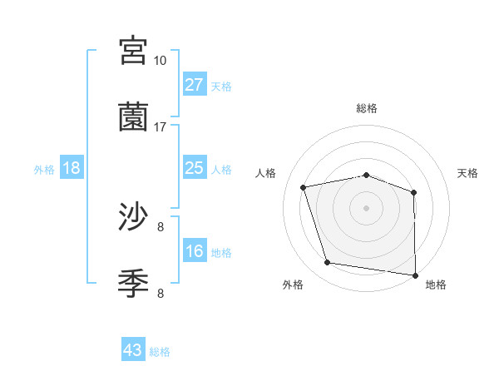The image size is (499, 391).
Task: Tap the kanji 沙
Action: [x=134, y=217]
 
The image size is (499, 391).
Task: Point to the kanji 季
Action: [x=134, y=284]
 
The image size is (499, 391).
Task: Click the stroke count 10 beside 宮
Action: [x=160, y=60]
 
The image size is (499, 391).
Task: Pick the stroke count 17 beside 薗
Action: [x=160, y=126]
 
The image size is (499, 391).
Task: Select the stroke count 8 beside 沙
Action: [x=160, y=226]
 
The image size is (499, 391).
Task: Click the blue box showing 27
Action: [x=195, y=85]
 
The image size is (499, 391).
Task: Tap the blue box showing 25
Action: [x=195, y=168]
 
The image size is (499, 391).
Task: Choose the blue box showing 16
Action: [x=195, y=251]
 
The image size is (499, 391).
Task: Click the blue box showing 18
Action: [x=72, y=168]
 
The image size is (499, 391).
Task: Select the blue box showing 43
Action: [x=133, y=350]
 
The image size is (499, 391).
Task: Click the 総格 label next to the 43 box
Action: [x=160, y=352]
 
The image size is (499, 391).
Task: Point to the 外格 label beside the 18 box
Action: [x=44, y=170]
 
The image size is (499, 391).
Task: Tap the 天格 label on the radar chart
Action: [x=468, y=173]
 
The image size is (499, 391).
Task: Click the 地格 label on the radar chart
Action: [x=436, y=285]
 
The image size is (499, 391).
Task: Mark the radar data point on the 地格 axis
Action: [x=415, y=275]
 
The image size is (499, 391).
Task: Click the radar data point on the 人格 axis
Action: [x=304, y=187]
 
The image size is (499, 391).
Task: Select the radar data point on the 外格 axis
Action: [x=328, y=263]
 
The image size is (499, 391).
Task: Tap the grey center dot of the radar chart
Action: [x=367, y=207]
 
